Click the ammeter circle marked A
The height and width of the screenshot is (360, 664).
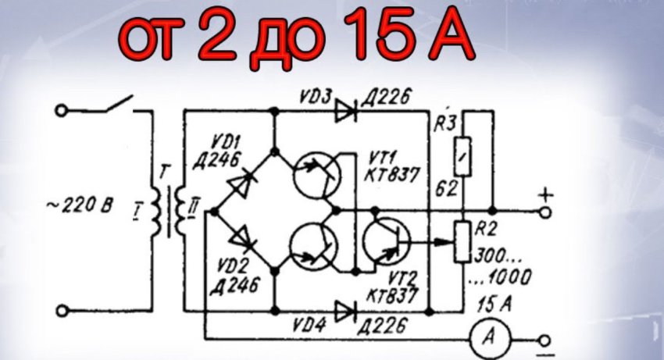point(490,338)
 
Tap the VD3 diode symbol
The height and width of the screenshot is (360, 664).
point(345,111)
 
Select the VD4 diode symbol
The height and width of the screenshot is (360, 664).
point(345,312)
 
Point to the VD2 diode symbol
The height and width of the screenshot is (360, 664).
point(243,238)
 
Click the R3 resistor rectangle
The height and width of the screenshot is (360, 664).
point(463,157)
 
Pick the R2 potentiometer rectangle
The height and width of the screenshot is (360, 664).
point(463,241)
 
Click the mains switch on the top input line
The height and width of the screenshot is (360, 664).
point(119,105)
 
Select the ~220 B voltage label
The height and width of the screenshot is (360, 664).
point(80,206)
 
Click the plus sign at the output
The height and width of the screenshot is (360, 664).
point(546,196)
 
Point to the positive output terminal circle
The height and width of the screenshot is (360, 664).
point(546,212)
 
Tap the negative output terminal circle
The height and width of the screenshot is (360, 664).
point(545,340)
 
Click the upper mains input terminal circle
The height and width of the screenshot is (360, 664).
point(62,111)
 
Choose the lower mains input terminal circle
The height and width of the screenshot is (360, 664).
point(62,312)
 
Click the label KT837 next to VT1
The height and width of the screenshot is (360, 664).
point(392,175)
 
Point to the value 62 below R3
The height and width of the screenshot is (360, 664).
point(447,188)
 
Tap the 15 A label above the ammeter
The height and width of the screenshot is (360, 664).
point(494,304)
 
